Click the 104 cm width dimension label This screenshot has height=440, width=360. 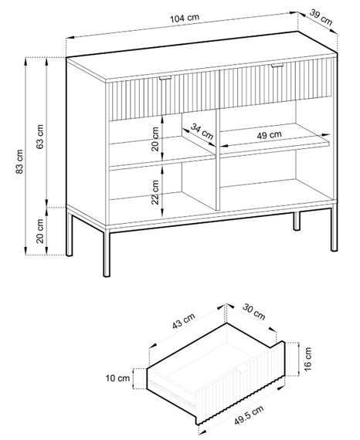(x=185, y=18)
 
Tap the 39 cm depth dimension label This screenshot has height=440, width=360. (x=321, y=17)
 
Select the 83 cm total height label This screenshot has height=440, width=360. (x=19, y=161)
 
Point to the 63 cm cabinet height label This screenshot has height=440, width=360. (x=40, y=137)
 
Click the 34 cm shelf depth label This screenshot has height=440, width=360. (x=202, y=131)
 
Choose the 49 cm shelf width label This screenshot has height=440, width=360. (x=269, y=135)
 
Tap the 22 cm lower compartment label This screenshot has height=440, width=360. (x=155, y=192)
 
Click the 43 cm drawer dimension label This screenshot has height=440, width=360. (x=183, y=321)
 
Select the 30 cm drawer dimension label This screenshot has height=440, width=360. (x=254, y=312)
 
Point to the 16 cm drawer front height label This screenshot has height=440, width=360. (x=307, y=359)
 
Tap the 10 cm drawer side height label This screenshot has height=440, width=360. (x=117, y=378)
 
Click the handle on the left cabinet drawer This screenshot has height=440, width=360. (x=165, y=78)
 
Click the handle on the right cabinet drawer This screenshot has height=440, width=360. (x=278, y=66)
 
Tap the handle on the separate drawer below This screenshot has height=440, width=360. (x=243, y=368)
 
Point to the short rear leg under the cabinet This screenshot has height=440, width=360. (x=297, y=221)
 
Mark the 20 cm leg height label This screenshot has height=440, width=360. (x=40, y=231)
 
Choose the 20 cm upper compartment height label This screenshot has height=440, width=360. (x=155, y=139)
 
